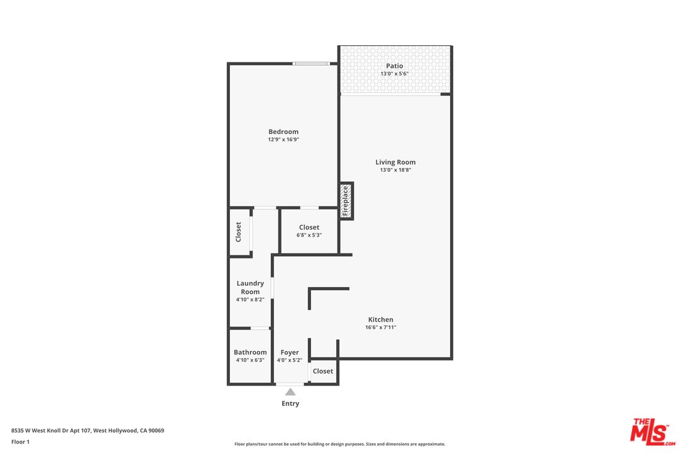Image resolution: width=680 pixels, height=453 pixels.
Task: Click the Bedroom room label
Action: coord(283,131)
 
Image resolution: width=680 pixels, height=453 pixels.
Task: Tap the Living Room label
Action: coord(395,162)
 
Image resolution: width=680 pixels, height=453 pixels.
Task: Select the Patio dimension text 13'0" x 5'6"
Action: coord(395,74)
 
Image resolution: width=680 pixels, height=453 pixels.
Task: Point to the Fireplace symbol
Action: coord(346,201)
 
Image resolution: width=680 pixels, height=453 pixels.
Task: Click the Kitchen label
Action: coord(381,320)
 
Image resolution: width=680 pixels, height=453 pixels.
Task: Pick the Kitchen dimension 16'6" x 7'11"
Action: coord(381,327)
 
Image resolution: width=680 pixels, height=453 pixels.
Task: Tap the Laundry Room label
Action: coord(250,288)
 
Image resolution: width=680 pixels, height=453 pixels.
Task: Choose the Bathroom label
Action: coord(250,352)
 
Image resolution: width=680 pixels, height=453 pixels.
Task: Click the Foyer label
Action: coord(290,352)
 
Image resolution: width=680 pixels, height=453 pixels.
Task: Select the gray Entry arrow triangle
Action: coord(290,393)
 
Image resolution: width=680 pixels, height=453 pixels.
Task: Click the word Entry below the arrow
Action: coord(290,403)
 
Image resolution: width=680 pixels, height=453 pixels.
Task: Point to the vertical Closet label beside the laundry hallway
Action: coord(238,232)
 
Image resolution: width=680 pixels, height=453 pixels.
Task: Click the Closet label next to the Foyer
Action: coord(323,371)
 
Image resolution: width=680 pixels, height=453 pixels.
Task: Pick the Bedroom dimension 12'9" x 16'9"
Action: coord(283,140)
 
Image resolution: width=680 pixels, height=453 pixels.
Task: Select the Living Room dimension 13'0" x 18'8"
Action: coord(395,170)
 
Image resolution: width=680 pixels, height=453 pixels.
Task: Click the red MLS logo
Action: coord(652,432)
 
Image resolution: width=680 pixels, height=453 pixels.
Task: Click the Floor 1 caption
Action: coord(20,442)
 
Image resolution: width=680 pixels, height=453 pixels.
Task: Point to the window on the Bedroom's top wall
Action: coord(311,64)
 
